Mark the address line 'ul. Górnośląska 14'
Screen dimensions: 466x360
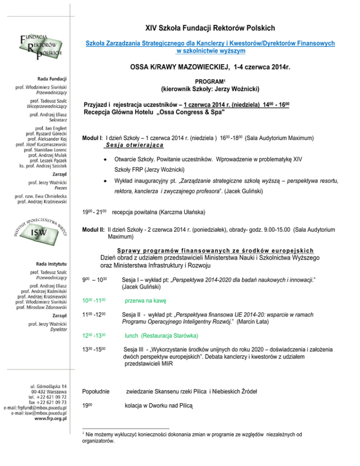(x=48, y=384)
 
